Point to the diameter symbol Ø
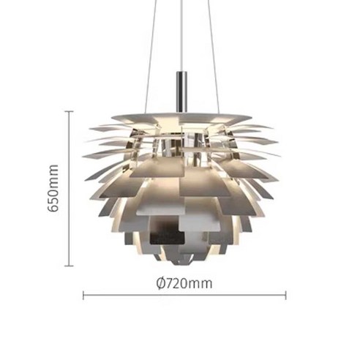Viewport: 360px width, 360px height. click(160, 283)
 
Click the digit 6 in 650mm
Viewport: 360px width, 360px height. click(53, 207)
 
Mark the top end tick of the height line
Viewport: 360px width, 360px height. click(70, 111)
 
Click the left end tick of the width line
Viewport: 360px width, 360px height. click(83, 296)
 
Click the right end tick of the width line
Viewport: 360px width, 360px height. click(285, 296)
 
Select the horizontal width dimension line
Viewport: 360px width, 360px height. click(183, 296)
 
